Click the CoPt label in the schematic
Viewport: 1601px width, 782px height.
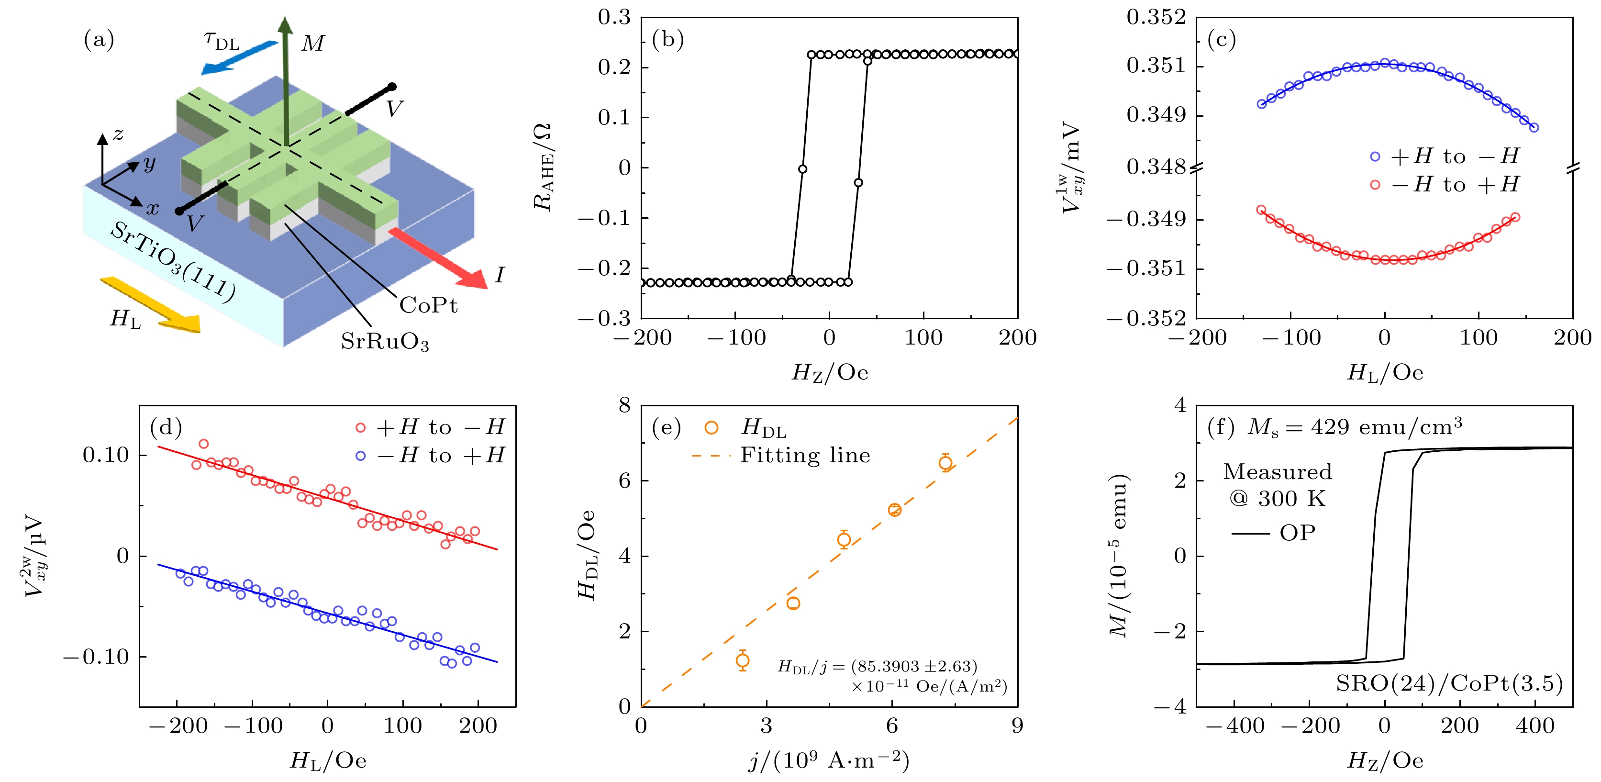[x=428, y=305]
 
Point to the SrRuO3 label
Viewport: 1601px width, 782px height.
[x=385, y=342]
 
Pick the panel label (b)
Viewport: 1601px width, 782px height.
[x=667, y=40]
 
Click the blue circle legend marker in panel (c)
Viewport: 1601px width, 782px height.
[x=1375, y=156]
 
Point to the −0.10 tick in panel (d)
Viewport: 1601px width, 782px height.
[x=96, y=657]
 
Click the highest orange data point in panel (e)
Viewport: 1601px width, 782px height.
[x=945, y=462]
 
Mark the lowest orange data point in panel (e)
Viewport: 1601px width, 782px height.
[x=742, y=660]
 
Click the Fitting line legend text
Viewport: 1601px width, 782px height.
[x=805, y=456]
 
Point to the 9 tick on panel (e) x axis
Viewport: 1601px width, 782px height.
[x=1017, y=726]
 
